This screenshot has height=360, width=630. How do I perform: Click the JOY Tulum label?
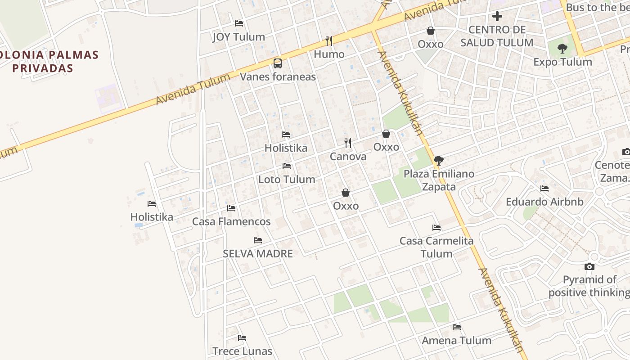[238, 37]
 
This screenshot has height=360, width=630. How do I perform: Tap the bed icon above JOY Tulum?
[239, 23]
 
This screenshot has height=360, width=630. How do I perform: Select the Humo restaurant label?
[329, 54]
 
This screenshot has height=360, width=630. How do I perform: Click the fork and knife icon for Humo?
[329, 41]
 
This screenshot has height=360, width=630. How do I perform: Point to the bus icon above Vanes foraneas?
[278, 63]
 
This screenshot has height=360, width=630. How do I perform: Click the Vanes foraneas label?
[278, 76]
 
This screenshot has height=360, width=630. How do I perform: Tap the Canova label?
[348, 157]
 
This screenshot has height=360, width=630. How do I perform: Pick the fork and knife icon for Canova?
[348, 143]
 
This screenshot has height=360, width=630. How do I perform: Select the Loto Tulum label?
[286, 179]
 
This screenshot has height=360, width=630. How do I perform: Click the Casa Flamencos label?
[231, 221]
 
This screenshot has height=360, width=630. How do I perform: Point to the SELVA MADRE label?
[258, 253]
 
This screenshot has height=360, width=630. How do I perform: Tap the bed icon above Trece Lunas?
[242, 338]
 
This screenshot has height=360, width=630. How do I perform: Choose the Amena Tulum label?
[456, 340]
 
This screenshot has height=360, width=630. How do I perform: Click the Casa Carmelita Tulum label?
[436, 247]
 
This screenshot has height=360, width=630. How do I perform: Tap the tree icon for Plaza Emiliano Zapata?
[439, 160]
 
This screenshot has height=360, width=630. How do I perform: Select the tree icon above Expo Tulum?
[562, 49]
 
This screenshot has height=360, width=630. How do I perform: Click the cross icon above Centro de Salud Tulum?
[497, 17]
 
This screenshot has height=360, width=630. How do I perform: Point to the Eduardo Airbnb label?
[544, 202]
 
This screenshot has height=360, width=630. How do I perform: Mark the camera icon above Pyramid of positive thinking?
[589, 267]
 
